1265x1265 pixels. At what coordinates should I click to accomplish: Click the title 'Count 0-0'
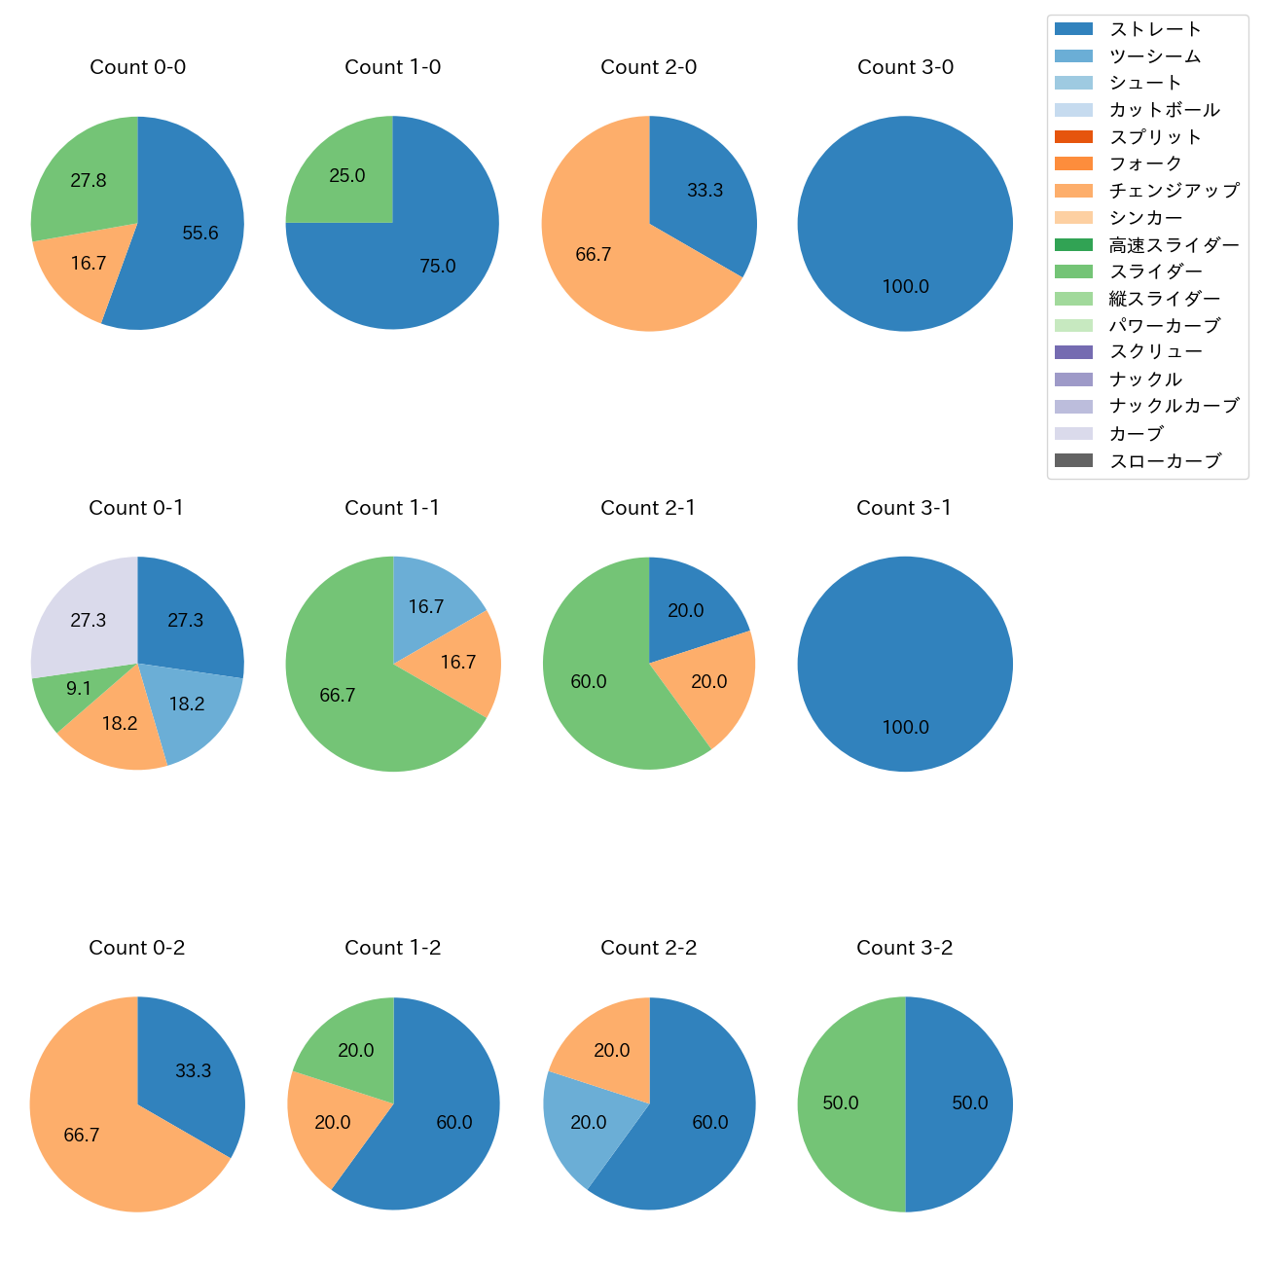[x=137, y=67]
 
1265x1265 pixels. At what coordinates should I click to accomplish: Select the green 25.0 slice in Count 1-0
[x=345, y=175]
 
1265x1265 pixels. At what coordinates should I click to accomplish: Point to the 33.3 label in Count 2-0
[x=705, y=191]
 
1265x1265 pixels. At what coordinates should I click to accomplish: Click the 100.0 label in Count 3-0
[x=905, y=287]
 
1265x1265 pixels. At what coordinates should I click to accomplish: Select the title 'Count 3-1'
[x=904, y=508]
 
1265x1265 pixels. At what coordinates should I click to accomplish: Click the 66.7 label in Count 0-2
[x=82, y=1136]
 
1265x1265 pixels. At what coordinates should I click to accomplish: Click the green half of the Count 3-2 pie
[x=842, y=1103]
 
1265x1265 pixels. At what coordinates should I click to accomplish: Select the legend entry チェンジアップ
[x=1174, y=191]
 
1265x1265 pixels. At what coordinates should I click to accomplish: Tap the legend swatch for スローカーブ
[x=1073, y=460]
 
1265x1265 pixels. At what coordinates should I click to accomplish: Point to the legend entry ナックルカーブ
[x=1174, y=407]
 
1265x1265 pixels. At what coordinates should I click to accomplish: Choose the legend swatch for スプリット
[x=1073, y=137]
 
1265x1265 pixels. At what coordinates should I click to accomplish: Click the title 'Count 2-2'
[x=648, y=948]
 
